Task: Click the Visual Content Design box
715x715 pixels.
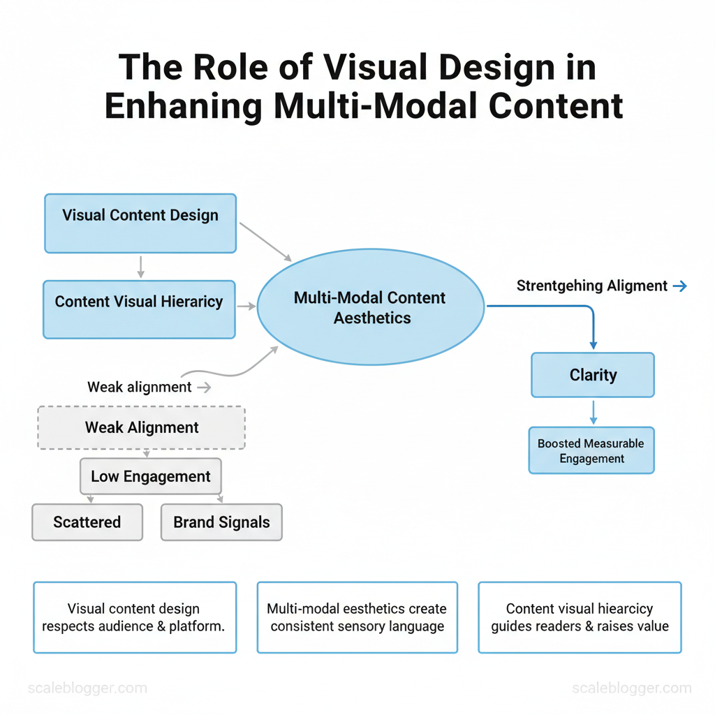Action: (x=140, y=223)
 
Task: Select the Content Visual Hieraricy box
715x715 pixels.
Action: (x=139, y=309)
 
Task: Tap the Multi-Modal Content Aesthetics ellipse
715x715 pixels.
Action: (x=371, y=307)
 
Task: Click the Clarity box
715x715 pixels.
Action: (x=593, y=375)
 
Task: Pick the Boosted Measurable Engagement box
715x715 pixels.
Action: (x=591, y=451)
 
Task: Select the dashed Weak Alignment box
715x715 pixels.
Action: (x=142, y=427)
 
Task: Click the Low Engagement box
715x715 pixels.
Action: (x=151, y=477)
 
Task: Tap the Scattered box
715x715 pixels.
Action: (x=87, y=522)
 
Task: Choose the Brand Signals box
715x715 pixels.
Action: (x=221, y=522)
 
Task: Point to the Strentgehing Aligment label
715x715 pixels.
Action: (x=592, y=286)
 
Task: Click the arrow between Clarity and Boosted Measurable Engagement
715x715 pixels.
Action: (x=593, y=412)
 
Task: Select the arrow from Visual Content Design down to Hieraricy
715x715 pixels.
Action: (x=140, y=267)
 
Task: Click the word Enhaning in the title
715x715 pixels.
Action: (x=183, y=105)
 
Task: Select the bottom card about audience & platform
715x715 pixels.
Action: (x=135, y=617)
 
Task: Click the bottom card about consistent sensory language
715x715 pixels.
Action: (x=357, y=617)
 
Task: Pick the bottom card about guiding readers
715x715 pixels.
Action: (x=580, y=617)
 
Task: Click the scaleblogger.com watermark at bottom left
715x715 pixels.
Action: (x=87, y=688)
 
